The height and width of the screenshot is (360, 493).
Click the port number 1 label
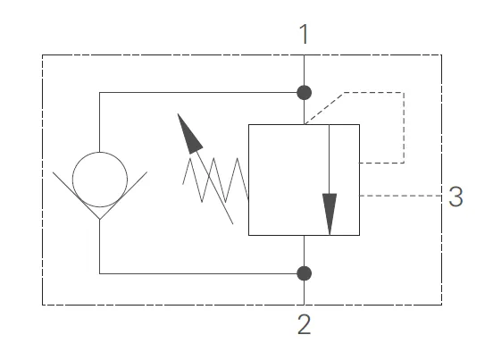pos(305,35)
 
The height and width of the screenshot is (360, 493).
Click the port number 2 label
pos(305,325)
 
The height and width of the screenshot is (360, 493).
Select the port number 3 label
pos(455,197)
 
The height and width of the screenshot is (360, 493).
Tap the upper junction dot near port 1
pos(305,92)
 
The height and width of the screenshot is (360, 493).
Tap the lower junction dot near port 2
pos(305,272)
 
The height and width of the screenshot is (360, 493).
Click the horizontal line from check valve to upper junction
pos(196,92)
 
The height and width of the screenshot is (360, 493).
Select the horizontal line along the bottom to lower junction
pos(196,272)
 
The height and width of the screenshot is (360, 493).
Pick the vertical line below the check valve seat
pos(99,246)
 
